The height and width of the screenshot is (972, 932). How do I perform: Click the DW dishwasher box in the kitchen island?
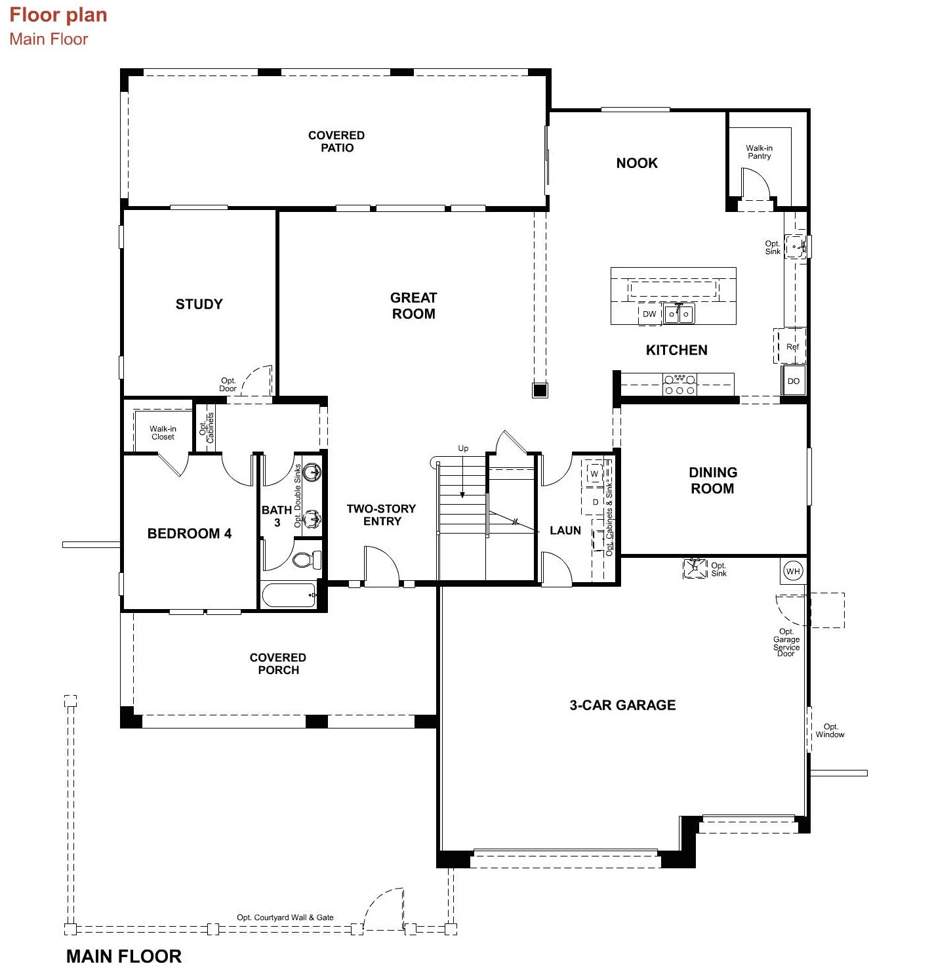649,314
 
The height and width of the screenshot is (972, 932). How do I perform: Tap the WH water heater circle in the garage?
793,571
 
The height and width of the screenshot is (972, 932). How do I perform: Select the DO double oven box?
794,381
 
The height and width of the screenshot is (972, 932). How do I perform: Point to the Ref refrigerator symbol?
792,347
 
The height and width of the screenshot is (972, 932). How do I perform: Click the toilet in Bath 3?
306,560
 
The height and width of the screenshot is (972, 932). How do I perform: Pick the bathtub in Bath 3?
289,596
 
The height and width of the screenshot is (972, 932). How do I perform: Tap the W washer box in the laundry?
594,474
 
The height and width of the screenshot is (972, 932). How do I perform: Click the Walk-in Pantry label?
759,152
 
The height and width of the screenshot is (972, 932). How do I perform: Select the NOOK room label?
636,163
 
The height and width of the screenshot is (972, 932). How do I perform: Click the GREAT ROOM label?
413,306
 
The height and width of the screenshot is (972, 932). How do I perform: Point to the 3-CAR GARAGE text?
622,706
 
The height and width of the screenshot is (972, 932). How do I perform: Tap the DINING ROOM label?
712,480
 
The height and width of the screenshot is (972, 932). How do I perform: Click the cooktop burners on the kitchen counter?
679,385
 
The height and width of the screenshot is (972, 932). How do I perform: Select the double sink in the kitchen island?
678,314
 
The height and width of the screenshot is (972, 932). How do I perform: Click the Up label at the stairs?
463,448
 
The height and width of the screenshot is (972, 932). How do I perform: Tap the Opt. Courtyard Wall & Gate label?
285,918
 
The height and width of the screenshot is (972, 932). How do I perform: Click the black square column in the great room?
539,391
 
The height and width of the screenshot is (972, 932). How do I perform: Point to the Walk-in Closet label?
163,433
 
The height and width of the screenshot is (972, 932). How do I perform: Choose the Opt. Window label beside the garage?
830,731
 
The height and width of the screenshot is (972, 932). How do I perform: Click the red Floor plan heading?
58,15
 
